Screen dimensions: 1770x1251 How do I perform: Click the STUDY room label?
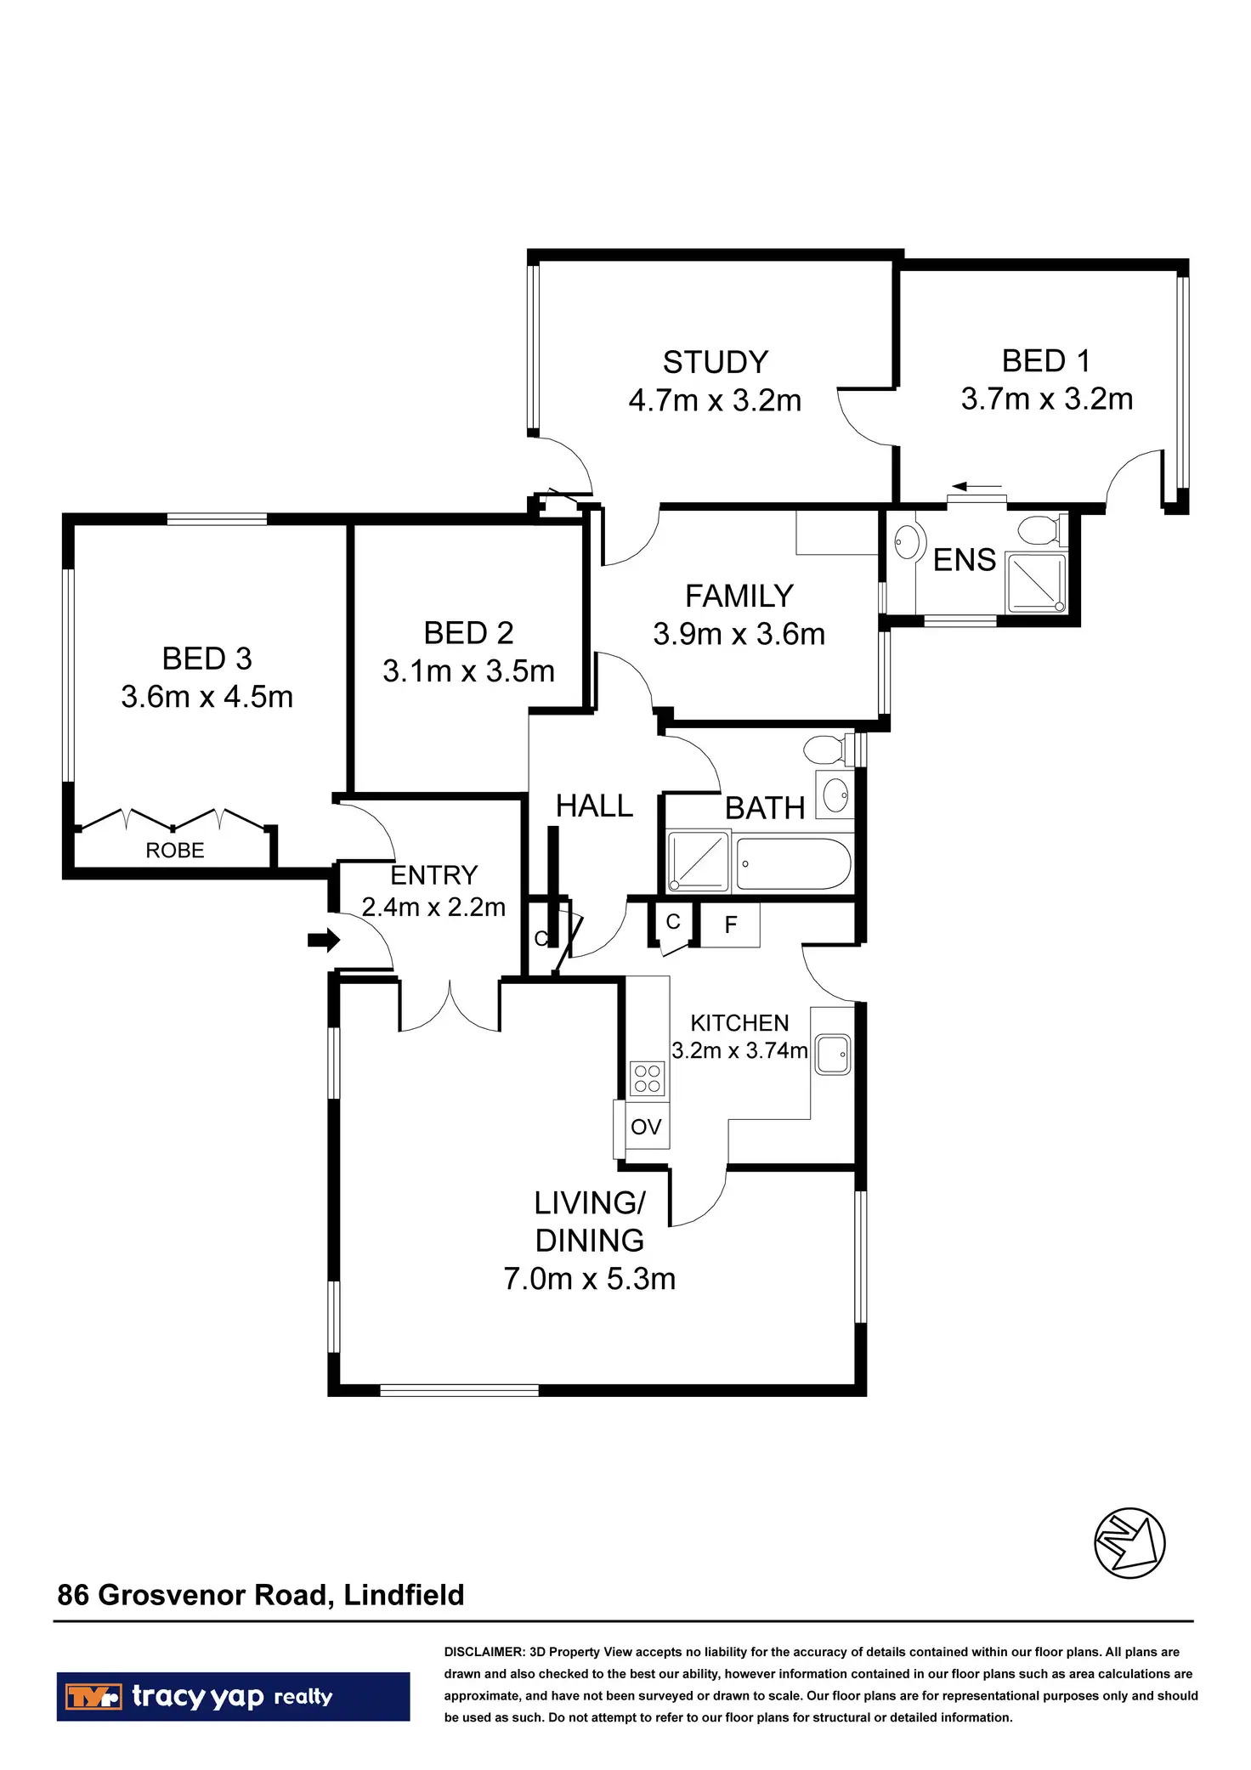tap(715, 363)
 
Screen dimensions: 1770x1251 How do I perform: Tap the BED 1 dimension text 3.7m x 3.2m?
tap(1046, 399)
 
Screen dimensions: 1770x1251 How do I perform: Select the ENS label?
tap(964, 561)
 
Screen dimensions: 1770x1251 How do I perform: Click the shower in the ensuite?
tap(1035, 583)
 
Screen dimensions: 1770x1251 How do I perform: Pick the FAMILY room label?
tap(739, 597)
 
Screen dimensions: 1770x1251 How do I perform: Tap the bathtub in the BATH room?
tap(793, 864)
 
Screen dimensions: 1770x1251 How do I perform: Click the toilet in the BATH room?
tap(824, 749)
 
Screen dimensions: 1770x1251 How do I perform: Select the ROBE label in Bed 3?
tap(175, 851)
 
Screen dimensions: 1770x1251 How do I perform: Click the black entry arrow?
tap(324, 940)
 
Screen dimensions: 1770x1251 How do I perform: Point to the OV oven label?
tap(646, 1127)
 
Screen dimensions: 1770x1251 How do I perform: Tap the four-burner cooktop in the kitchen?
tap(647, 1079)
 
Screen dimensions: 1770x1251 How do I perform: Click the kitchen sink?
tap(832, 1055)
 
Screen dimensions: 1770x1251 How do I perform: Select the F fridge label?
tap(731, 925)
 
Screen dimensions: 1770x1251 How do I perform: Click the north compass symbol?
tap(1129, 1543)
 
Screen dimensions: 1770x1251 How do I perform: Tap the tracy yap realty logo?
tap(233, 1697)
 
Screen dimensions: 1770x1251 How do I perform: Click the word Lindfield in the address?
tap(404, 1595)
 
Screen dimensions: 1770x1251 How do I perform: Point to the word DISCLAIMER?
tap(484, 1652)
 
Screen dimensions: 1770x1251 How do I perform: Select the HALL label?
tap(594, 806)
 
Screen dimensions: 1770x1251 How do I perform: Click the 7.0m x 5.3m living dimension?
tap(589, 1279)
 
